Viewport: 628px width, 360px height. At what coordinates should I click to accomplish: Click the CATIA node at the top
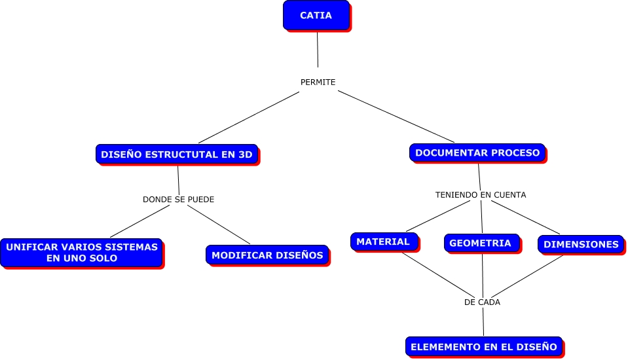316,15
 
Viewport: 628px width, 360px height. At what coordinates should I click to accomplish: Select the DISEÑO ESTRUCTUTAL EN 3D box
176,154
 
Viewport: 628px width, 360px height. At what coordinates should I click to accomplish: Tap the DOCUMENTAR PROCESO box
477,153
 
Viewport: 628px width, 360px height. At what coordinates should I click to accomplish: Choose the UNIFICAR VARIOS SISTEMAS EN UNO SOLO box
81,252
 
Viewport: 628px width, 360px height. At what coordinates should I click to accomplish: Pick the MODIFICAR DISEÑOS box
267,255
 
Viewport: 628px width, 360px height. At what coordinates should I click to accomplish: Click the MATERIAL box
383,242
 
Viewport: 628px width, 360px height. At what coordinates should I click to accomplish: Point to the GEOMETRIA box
480,243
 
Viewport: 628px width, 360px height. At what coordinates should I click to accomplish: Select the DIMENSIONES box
581,244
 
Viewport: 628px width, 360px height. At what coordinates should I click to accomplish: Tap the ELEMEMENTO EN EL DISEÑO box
483,346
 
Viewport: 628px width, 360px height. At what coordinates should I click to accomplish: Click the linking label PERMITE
318,82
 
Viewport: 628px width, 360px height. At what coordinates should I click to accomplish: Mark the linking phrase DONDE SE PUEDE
178,199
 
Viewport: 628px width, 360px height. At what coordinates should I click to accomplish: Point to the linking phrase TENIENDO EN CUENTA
481,194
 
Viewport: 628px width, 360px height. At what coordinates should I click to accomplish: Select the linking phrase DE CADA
482,302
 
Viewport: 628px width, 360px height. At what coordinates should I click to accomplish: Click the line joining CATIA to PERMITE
318,49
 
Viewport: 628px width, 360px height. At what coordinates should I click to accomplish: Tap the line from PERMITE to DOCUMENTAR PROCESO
396,117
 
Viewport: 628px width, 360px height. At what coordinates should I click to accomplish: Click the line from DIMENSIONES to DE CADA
530,275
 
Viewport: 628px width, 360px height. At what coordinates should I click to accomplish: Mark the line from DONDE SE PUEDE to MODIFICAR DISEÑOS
218,226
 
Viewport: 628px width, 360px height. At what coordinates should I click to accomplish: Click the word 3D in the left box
245,155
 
